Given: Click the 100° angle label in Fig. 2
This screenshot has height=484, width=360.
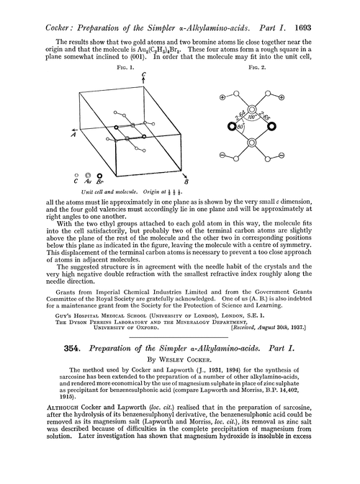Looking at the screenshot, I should tap(252, 115).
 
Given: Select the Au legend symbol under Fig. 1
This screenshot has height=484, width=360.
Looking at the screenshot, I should tap(88, 176).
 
